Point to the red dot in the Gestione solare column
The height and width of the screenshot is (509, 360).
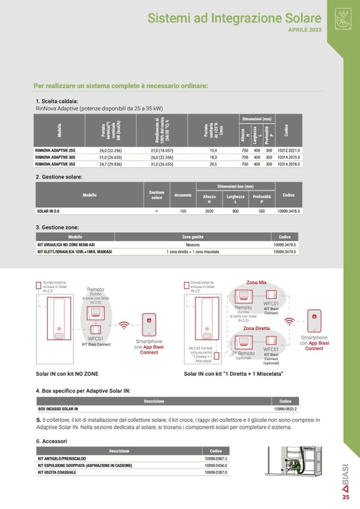pos(157,211)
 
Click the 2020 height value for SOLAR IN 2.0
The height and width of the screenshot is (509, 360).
pos(209,211)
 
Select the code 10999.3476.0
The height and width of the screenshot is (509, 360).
pos(289,211)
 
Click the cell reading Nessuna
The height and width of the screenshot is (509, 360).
pos(193,245)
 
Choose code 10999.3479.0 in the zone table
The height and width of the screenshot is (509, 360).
pos(285,252)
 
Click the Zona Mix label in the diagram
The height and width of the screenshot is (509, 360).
pos(256,282)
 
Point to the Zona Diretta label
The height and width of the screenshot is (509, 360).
pos(256,328)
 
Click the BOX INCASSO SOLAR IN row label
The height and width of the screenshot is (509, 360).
pos(58,409)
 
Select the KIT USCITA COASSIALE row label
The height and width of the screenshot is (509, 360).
pos(57,472)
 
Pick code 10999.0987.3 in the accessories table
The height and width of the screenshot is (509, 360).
pos(216,458)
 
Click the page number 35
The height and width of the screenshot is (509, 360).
pos(346,497)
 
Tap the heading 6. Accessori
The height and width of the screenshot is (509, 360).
pos(52,441)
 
